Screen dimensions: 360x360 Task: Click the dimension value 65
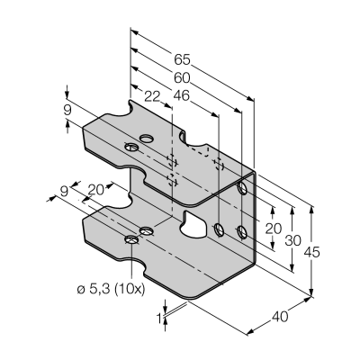coord(182,60)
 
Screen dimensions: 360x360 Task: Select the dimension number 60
coord(182,78)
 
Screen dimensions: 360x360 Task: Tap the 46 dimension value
coord(182,96)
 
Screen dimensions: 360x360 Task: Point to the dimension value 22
coord(152,96)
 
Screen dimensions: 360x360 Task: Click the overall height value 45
coord(312,252)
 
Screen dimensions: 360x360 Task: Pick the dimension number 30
coord(292,240)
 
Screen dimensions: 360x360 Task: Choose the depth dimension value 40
coord(280,317)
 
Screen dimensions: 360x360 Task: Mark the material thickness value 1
coord(159,318)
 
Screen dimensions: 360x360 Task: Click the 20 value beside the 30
coord(274,229)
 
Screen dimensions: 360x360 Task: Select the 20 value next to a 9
coord(95,190)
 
